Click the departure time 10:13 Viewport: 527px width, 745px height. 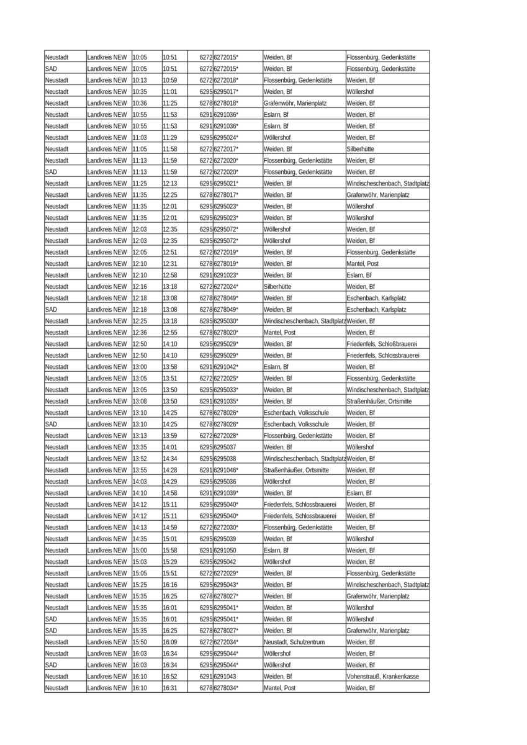click(x=140, y=80)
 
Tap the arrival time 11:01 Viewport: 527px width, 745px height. click(x=170, y=92)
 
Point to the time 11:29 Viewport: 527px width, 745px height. click(x=170, y=138)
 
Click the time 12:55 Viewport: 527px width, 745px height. click(x=170, y=333)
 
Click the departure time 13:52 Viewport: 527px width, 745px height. click(x=140, y=459)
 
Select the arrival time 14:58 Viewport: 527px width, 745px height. click(x=170, y=493)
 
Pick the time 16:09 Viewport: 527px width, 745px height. click(x=170, y=642)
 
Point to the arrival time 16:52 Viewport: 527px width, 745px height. click(x=170, y=677)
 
